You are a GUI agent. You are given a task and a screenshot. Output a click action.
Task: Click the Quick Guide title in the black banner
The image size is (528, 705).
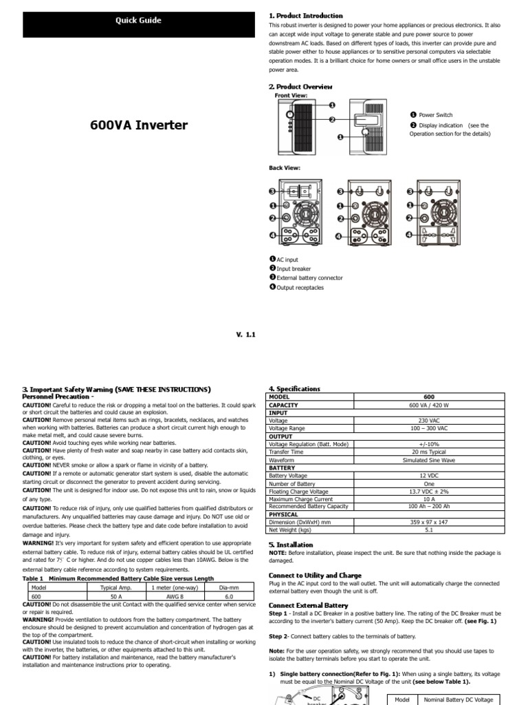138,21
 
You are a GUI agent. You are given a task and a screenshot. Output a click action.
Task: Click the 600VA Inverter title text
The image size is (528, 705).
139,126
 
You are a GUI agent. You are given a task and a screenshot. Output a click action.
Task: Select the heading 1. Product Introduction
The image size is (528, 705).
305,15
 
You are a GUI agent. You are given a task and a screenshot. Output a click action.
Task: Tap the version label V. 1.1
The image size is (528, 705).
245,335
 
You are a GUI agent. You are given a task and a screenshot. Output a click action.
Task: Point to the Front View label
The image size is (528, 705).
291,95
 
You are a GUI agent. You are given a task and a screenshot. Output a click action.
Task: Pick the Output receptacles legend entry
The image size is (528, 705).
299,288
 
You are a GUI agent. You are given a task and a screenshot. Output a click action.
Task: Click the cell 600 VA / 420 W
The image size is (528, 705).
429,406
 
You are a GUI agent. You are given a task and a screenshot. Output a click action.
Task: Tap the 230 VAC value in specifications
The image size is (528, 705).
429,420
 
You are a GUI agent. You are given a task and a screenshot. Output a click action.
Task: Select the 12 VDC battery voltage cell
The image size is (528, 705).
429,474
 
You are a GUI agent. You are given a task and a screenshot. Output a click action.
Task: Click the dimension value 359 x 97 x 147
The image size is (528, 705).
429,522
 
